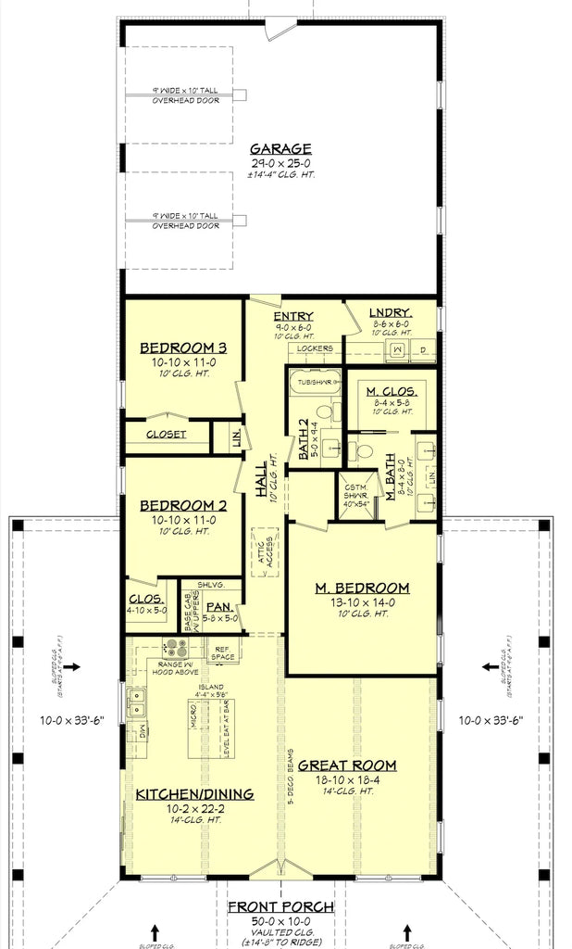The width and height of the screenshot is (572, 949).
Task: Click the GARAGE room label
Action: (281, 148)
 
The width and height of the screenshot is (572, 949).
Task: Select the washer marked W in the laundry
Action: (397, 350)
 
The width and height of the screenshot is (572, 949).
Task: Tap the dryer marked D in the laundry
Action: (422, 350)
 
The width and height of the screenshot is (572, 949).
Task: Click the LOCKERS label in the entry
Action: (315, 348)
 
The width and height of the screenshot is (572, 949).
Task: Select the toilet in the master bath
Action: (364, 451)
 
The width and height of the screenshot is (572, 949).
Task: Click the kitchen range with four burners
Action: (174, 649)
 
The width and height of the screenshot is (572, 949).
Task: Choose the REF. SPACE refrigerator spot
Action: (222, 653)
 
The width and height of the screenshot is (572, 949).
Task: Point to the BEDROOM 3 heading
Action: (183, 348)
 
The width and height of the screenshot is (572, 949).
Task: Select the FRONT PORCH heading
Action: (282, 906)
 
